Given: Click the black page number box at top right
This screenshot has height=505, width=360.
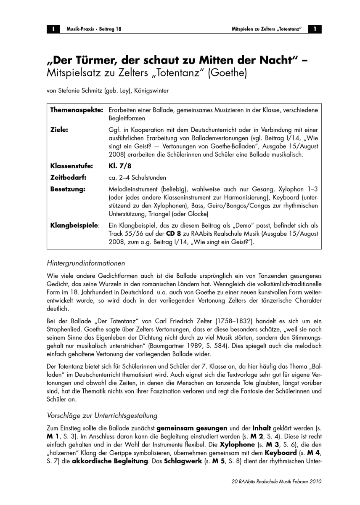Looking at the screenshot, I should pyautogui.click(x=315, y=29).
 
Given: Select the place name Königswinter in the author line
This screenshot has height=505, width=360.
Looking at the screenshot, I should pyautogui.click(x=152, y=91).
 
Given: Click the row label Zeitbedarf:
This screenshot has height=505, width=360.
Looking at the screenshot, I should pyautogui.click(x=68, y=177).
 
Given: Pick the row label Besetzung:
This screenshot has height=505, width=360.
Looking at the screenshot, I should pyautogui.click(x=68, y=189).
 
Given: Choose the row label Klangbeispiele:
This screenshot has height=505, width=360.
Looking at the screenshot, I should pyautogui.click(x=75, y=225).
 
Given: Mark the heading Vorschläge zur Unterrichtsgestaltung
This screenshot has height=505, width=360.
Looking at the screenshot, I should pyautogui.click(x=102, y=415).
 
